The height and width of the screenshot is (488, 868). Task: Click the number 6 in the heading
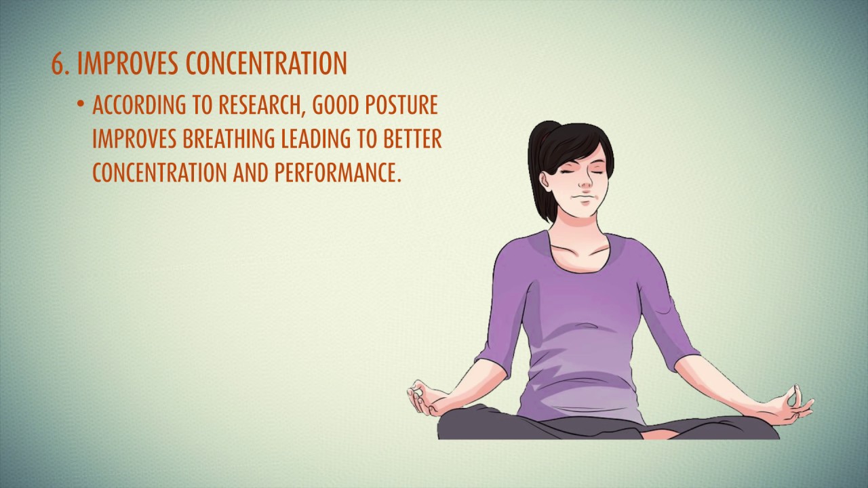58,63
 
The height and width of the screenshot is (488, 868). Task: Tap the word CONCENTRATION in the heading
266,63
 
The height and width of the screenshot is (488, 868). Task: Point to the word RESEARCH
260,106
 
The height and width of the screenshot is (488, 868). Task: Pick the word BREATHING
228,140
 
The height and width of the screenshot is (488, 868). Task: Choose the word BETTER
413,140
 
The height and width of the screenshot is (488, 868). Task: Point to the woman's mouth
578,199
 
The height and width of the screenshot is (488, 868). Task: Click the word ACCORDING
132,106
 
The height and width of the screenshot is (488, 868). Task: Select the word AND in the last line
252,173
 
